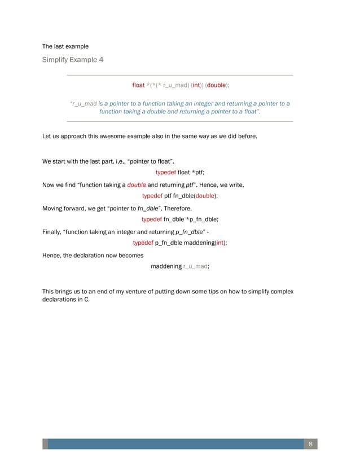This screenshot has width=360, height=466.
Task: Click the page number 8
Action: point(310,444)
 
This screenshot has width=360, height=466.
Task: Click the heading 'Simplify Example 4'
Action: point(73,59)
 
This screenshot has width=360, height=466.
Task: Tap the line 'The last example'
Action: point(65,46)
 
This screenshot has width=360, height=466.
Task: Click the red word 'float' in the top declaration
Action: point(138,85)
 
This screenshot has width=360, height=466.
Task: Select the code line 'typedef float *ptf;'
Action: point(180,173)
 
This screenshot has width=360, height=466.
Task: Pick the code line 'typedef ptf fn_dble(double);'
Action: point(180,196)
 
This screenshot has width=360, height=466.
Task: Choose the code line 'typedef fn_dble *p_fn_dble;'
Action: point(180,219)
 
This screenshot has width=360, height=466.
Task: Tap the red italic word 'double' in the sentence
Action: point(137,184)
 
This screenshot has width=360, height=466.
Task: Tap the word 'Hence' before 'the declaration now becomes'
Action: point(51,255)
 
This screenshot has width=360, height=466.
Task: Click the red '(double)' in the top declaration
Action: point(217,85)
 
